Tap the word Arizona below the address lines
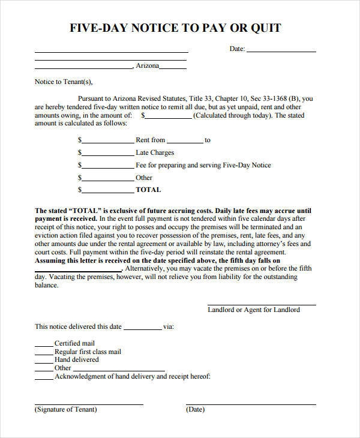click(148, 66)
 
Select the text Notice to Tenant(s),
click(64, 82)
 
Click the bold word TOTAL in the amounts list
click(148, 190)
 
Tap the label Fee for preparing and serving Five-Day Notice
click(203, 166)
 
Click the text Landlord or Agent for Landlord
click(253, 310)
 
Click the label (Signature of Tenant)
click(66, 410)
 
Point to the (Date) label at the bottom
click(196, 410)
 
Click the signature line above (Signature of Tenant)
click(89, 404)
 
